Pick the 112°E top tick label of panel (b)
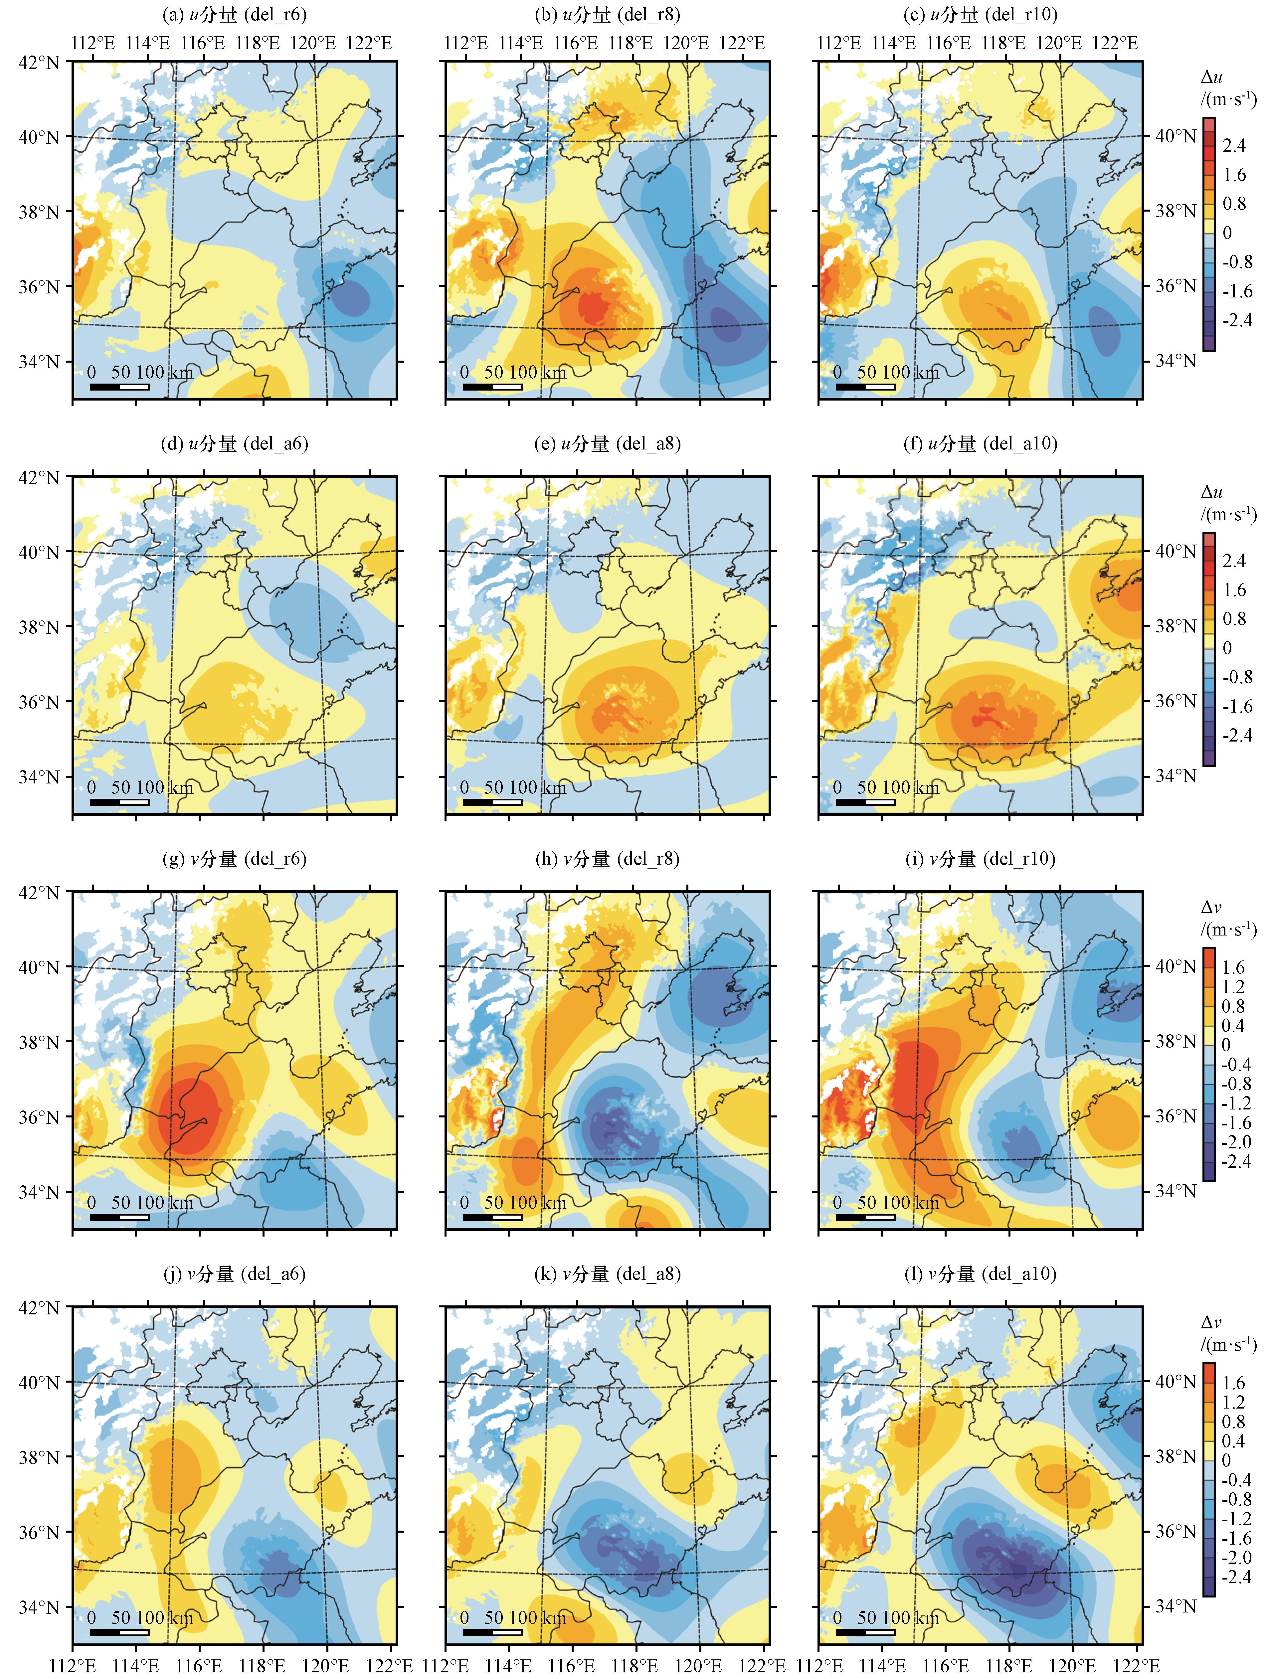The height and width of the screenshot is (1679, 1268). (x=465, y=43)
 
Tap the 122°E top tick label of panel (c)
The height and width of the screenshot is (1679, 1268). (x=1115, y=43)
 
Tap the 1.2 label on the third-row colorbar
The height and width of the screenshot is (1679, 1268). (x=1234, y=987)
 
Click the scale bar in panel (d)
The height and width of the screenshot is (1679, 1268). (x=119, y=801)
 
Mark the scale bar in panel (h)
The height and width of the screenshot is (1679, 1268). (x=492, y=1217)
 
